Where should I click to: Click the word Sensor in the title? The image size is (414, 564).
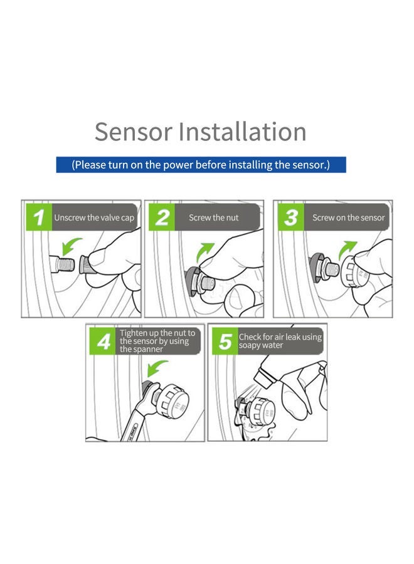coord(133,132)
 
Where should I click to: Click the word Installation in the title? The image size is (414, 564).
coord(242,132)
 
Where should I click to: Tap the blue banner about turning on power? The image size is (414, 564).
coord(201,165)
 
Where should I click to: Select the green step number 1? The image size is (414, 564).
coord(39,218)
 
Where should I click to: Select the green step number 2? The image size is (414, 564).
coord(162,218)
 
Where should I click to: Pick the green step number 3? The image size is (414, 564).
coord(290,218)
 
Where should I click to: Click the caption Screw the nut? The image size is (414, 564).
coord(215,218)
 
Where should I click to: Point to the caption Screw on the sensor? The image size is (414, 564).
coord(349,218)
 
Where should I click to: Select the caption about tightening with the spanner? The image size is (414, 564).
coord(157,341)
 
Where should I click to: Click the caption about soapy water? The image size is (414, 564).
coord(280,341)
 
